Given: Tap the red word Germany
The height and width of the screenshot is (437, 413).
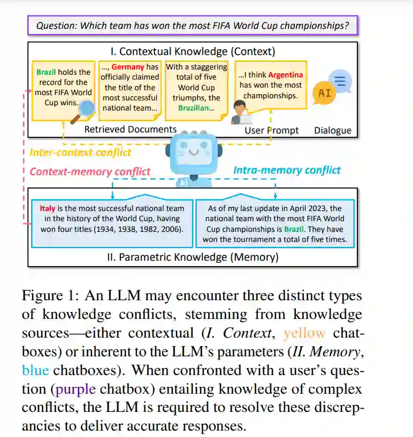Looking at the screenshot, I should pyautogui.click(x=129, y=67).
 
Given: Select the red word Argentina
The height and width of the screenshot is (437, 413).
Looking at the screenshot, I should pyautogui.click(x=285, y=75).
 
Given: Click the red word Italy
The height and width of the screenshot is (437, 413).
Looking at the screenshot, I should pyautogui.click(x=48, y=208).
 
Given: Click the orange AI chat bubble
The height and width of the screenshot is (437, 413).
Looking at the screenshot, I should pyautogui.click(x=325, y=93).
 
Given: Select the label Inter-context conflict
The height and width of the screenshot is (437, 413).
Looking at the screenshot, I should pyautogui.click(x=80, y=153).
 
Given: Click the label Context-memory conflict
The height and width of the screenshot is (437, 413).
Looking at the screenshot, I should pyautogui.click(x=90, y=171).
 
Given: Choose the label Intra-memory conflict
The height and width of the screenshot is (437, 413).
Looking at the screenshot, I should pyautogui.click(x=287, y=170).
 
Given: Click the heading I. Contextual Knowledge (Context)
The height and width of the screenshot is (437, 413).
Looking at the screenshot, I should pyautogui.click(x=193, y=51).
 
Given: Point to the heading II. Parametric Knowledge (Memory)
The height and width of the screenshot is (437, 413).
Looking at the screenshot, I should pyautogui.click(x=193, y=257).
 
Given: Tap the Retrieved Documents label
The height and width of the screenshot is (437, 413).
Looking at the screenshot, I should pyautogui.click(x=131, y=129).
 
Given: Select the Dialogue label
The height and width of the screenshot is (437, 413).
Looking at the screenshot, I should pyautogui.click(x=333, y=130).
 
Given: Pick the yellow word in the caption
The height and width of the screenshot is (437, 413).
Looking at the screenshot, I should pyautogui.click(x=304, y=333).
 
